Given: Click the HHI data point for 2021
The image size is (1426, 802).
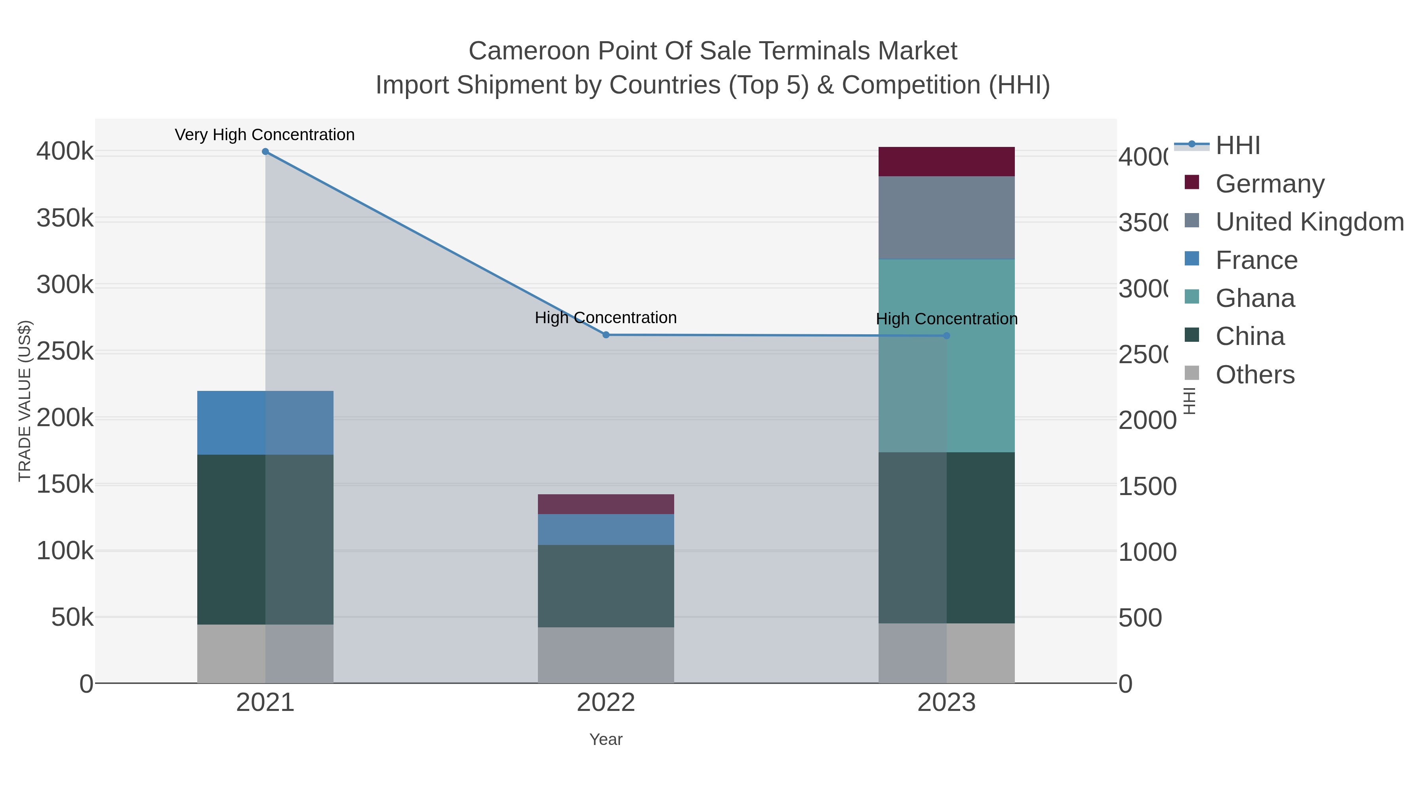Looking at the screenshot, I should [x=265, y=152].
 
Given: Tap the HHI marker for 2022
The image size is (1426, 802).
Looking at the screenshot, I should [x=606, y=335].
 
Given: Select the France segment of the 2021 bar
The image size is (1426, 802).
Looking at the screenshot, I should [x=265, y=423].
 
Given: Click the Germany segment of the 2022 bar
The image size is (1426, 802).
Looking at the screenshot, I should [x=606, y=504].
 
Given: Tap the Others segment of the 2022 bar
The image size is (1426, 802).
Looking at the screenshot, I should [x=606, y=655].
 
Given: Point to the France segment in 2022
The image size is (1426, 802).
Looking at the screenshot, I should [x=606, y=530].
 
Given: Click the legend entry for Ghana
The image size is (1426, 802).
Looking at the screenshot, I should [x=1255, y=298].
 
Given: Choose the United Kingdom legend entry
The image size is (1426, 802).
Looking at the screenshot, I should [x=1309, y=222].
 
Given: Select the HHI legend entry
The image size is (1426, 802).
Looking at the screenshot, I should [x=1238, y=146].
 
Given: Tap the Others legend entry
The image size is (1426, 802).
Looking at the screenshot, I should [x=1255, y=375].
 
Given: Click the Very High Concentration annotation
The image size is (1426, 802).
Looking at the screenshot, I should [x=265, y=135].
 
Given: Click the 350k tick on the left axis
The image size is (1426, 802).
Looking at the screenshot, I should [x=65, y=219].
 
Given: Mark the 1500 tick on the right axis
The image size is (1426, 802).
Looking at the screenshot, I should [x=1147, y=486].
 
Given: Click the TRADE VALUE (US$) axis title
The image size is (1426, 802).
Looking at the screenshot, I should [x=25, y=401].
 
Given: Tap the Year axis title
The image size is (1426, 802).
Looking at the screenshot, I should [x=606, y=739].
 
